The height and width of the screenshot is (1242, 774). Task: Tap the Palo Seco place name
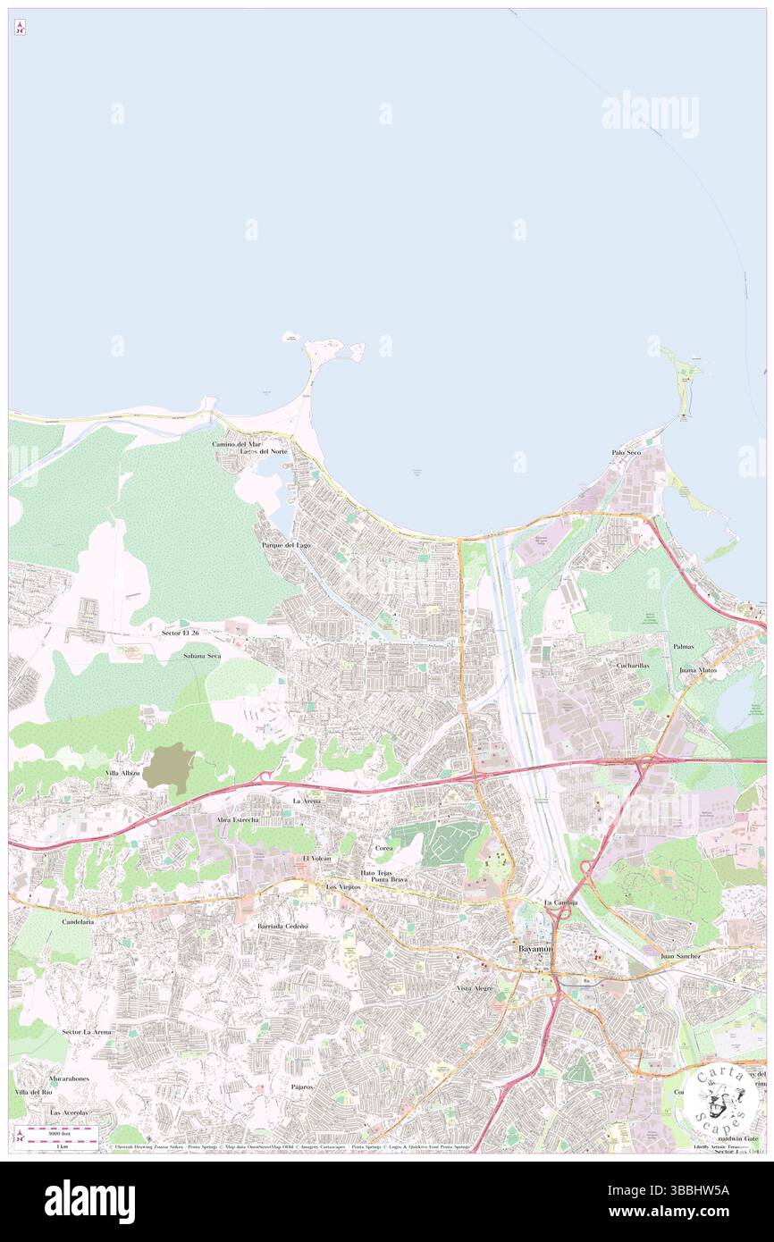tap(627, 453)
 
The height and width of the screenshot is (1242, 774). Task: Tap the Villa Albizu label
tap(122, 772)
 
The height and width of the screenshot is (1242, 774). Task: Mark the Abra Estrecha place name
tap(237, 819)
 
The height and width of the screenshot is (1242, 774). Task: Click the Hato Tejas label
tap(377, 872)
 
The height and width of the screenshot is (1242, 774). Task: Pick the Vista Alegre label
tap(475, 988)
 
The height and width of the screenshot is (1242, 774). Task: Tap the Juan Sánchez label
tap(681, 956)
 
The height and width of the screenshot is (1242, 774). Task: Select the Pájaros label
tap(301, 1087)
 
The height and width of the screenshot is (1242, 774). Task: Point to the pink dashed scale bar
tap(63, 1130)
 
